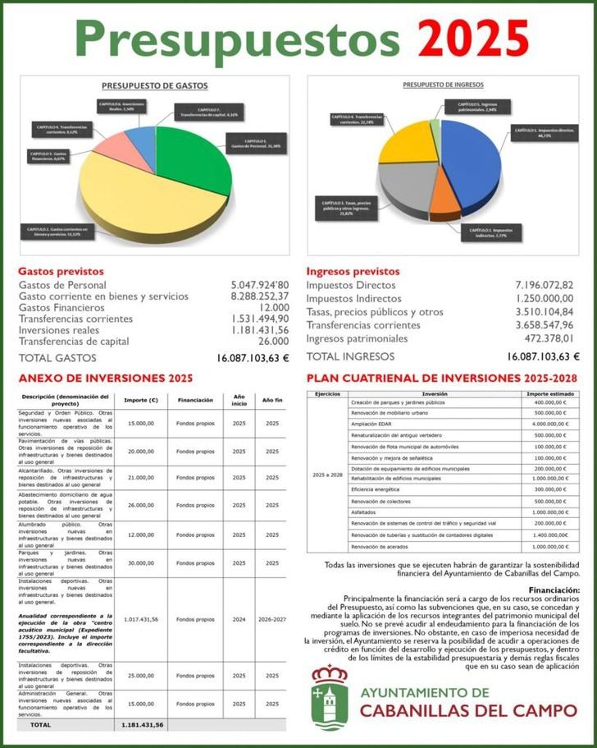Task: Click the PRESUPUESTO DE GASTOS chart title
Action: (154, 85)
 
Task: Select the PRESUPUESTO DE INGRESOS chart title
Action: (443, 85)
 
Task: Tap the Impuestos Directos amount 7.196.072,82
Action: (545, 285)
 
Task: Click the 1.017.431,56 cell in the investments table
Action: (140, 619)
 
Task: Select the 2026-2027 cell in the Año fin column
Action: (271, 619)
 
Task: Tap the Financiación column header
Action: (195, 400)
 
